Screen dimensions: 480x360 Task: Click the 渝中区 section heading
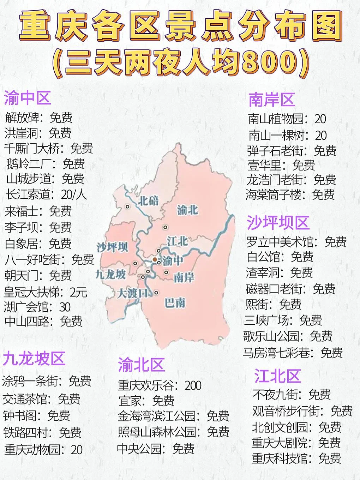pyautogui.click(x=28, y=98)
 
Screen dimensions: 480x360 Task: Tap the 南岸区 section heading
pyautogui.click(x=271, y=100)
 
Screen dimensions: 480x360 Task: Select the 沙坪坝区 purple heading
pyautogui.click(x=278, y=223)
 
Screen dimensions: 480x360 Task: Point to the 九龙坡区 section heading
pyautogui.click(x=34, y=359)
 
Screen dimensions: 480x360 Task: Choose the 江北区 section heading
pyautogui.click(x=277, y=376)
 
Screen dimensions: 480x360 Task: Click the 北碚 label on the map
pyautogui.click(x=148, y=201)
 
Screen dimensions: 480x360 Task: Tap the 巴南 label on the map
pyautogui.click(x=175, y=302)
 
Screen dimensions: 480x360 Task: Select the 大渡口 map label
pyautogui.click(x=132, y=293)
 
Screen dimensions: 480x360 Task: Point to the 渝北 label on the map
pyautogui.click(x=187, y=210)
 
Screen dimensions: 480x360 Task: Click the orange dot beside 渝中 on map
pyautogui.click(x=155, y=259)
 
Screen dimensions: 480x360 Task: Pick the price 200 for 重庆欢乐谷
pyautogui.click(x=193, y=385)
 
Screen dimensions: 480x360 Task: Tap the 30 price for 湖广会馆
pyautogui.click(x=65, y=307)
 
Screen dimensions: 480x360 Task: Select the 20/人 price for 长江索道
pyautogui.click(x=74, y=194)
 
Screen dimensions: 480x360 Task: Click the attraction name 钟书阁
pyautogui.click(x=22, y=415)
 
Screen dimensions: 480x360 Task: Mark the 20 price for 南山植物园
pyautogui.click(x=320, y=119)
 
